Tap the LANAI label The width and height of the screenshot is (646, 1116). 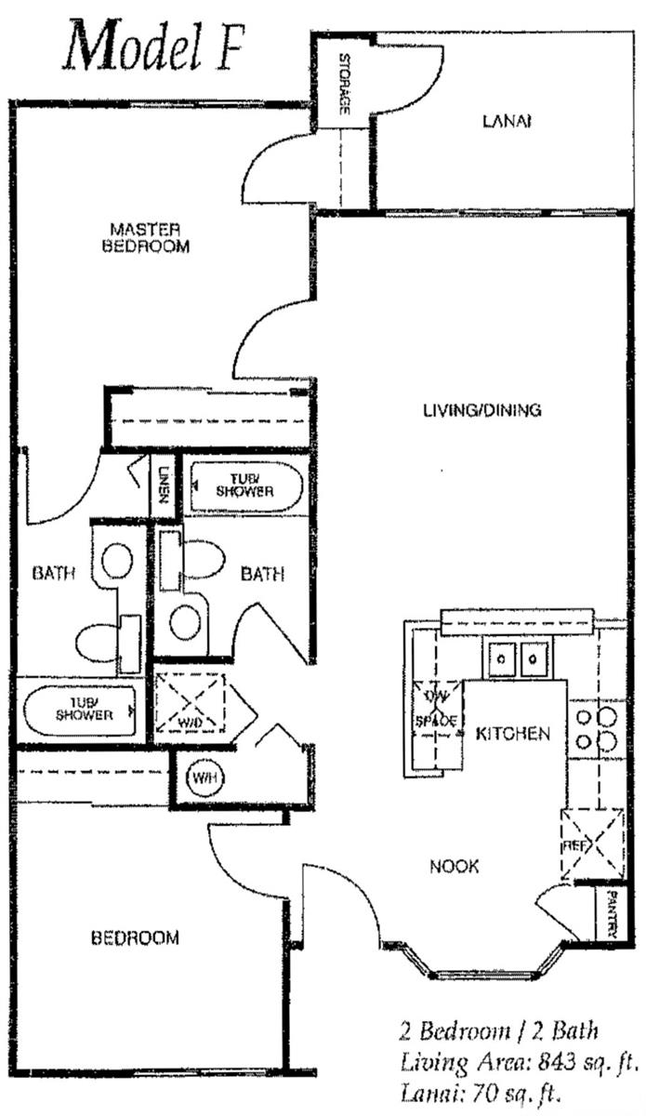click(507, 121)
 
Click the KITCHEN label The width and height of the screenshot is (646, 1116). click(513, 734)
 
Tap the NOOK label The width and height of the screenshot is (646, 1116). click(455, 867)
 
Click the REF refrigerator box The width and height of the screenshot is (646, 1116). click(590, 844)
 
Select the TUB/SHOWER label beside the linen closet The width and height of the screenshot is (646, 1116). click(246, 485)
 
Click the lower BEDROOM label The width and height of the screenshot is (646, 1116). click(135, 937)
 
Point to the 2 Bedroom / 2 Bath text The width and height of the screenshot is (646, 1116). click(498, 1030)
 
